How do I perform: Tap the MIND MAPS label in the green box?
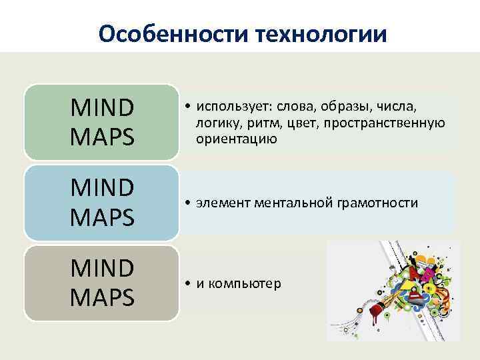[x=102, y=122]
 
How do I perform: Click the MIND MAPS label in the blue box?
[x=102, y=203]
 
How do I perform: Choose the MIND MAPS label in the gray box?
[x=102, y=283]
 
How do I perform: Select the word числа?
[x=396, y=108]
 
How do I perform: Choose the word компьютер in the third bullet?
[x=245, y=284]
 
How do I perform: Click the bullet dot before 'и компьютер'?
[x=190, y=284]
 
